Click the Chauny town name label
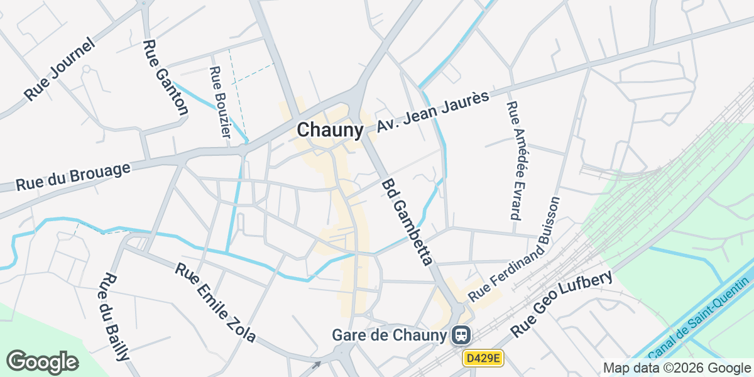click(330, 130)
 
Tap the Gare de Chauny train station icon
click(461, 335)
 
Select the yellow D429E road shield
click(483, 358)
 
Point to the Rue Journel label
click(60, 69)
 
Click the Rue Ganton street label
click(165, 78)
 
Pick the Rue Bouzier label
click(220, 102)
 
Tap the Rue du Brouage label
click(73, 177)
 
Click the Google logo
click(42, 362)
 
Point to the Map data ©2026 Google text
click(677, 368)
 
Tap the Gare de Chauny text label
click(389, 335)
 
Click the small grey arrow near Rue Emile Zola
click(317, 364)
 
